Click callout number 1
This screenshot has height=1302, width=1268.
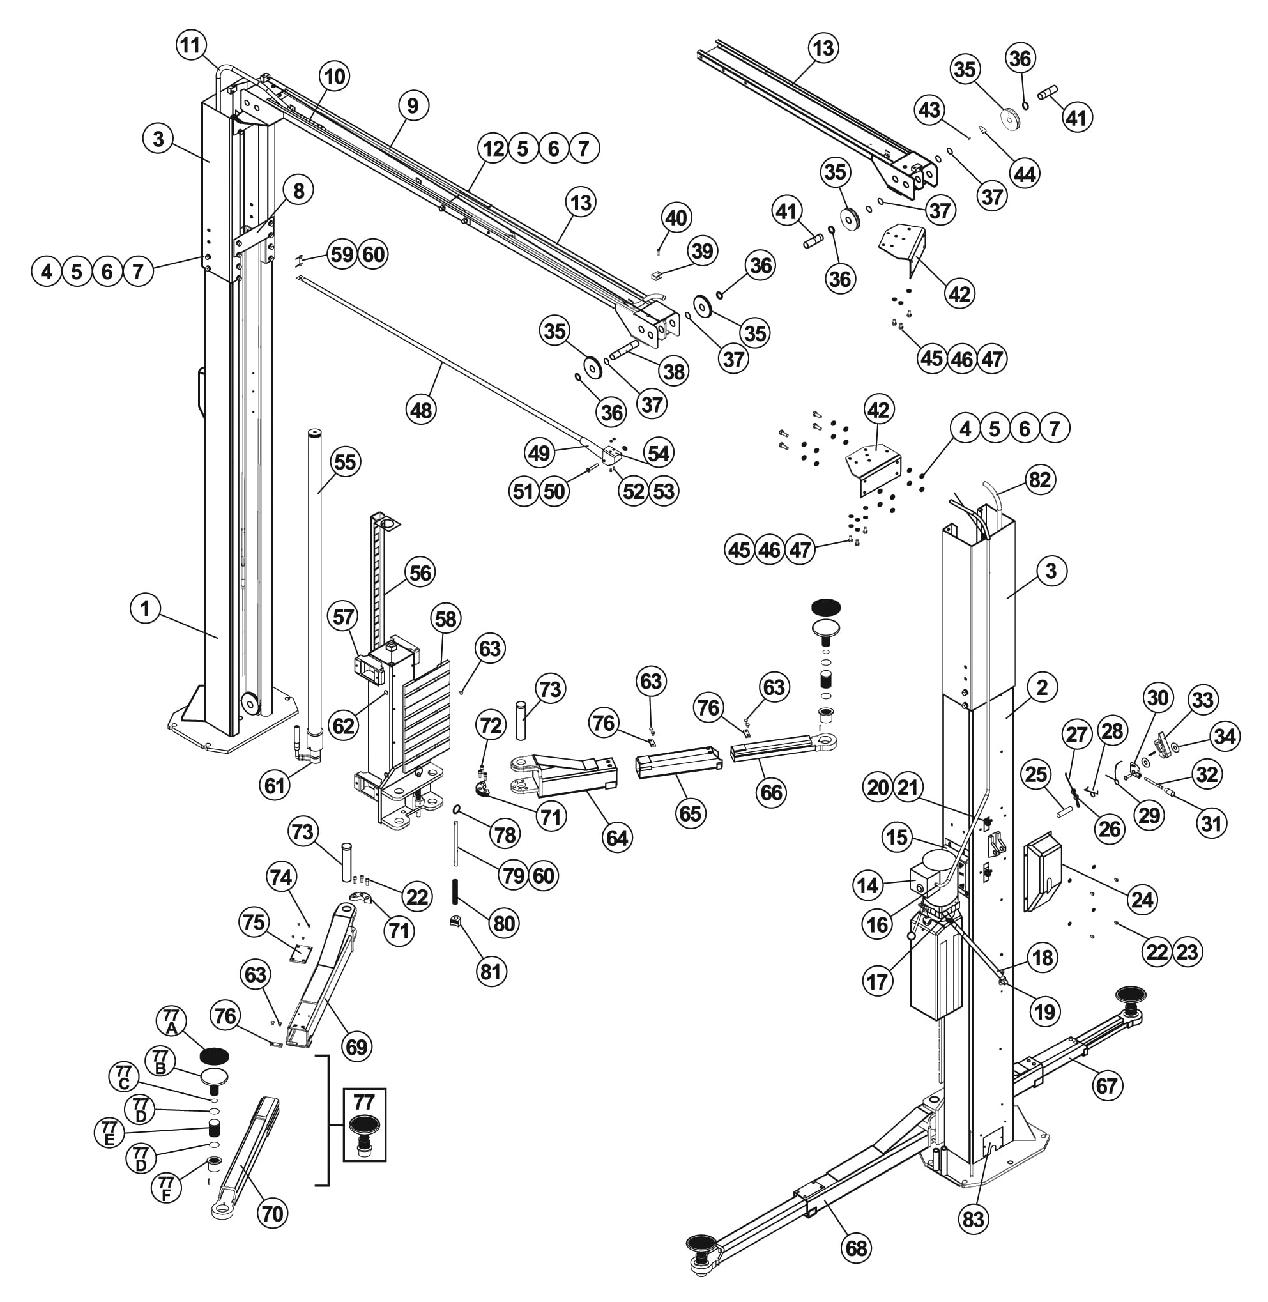(145, 609)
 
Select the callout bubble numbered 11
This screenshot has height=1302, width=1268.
(190, 46)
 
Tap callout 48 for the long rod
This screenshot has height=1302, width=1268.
(421, 410)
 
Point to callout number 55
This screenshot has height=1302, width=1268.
(345, 461)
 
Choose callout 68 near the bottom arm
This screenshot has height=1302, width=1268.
(857, 1248)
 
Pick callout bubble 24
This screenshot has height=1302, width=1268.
(1143, 899)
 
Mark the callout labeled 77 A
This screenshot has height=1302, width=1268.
(171, 1021)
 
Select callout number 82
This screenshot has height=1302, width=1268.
(1039, 480)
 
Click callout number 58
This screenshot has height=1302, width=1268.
(445, 618)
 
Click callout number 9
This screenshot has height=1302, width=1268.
(413, 105)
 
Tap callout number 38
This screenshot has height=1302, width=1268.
(674, 371)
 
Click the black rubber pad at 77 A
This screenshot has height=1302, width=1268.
(215, 1055)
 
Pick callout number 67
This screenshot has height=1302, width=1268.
(1106, 1085)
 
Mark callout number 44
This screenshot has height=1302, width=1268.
(1024, 174)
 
